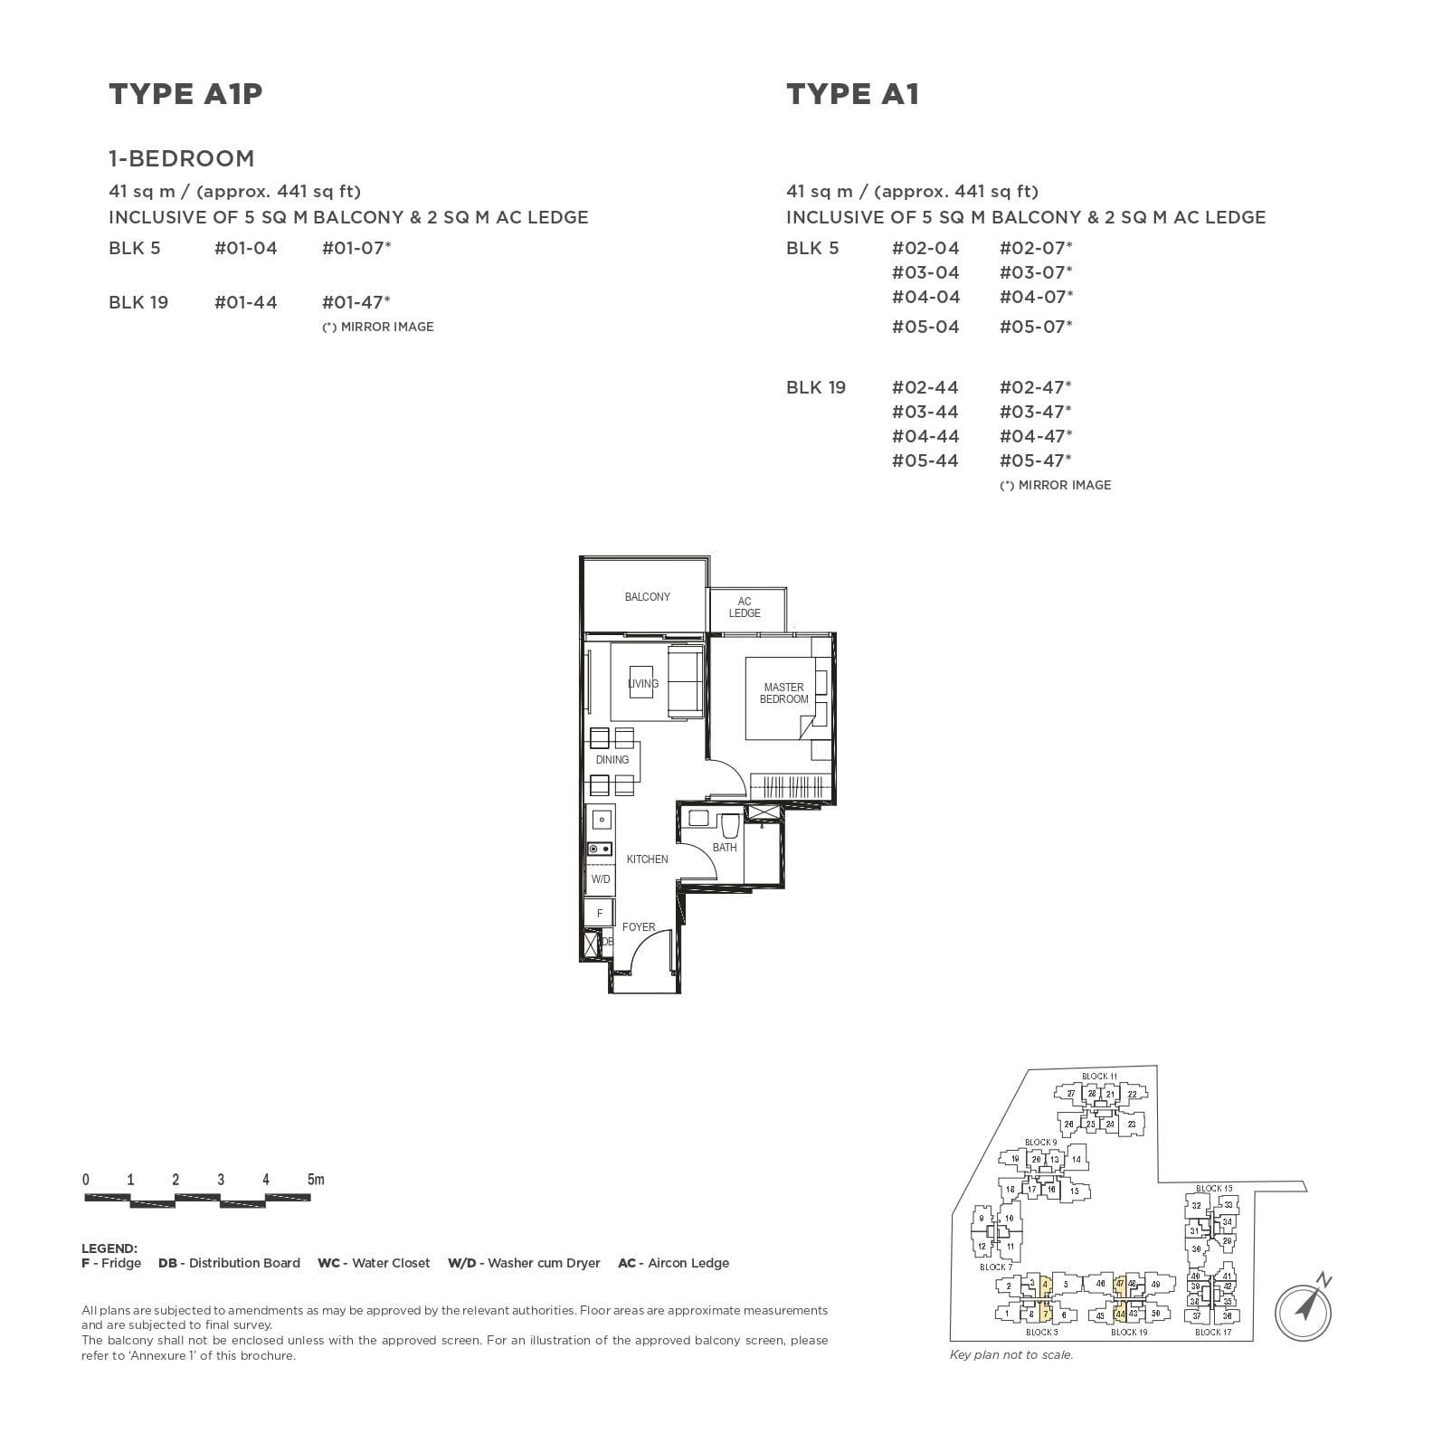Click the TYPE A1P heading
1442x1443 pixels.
coord(185,94)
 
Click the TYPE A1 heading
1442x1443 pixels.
coord(852,94)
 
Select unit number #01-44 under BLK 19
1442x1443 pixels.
coord(245,302)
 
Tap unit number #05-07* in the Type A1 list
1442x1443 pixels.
coord(1035,327)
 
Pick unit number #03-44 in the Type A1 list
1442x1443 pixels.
coord(925,412)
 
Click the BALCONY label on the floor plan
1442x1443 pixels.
coord(647,597)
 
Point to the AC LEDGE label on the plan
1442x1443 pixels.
coord(744,607)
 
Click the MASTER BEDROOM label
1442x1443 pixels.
coord(783,693)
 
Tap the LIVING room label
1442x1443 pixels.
coord(643,684)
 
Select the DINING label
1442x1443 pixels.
coord(612,760)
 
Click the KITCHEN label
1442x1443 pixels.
coord(647,859)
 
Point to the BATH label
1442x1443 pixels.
coord(724,848)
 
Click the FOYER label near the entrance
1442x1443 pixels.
coord(638,927)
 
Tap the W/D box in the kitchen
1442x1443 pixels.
coord(600,879)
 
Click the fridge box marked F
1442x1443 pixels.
coord(599,914)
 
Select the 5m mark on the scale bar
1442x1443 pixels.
coord(315,1180)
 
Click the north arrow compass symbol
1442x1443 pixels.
coord(1304,1307)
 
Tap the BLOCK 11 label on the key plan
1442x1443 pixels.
coord(1099,1077)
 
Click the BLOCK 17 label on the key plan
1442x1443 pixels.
coord(1212,1333)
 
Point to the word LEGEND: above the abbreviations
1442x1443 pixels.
coord(109,1248)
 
